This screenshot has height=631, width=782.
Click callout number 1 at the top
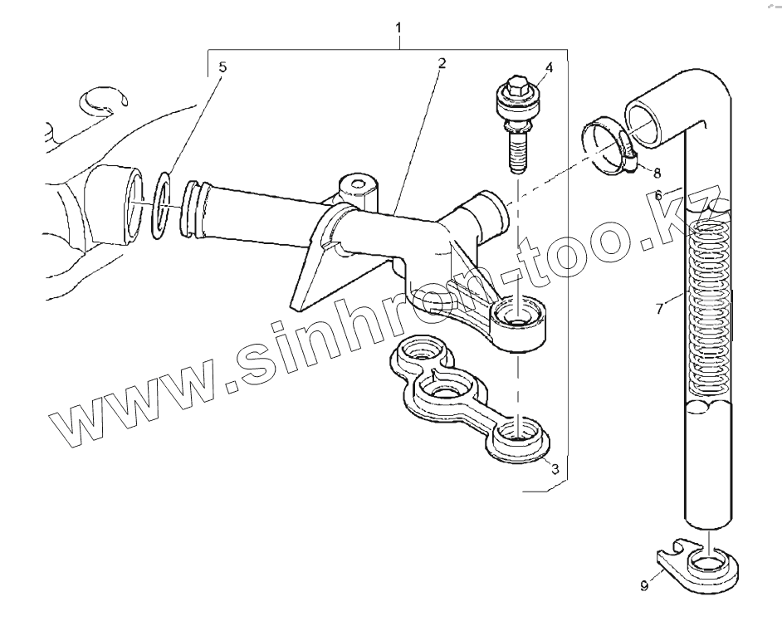point(399,27)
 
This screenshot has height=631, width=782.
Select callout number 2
point(442,63)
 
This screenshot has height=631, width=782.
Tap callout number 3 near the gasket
point(555,469)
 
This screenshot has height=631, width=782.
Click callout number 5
point(222,67)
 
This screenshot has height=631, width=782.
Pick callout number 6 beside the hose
point(657,196)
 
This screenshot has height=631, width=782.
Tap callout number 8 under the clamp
point(657,174)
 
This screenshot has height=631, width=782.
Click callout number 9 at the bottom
point(644,586)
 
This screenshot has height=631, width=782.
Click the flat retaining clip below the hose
point(702,565)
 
